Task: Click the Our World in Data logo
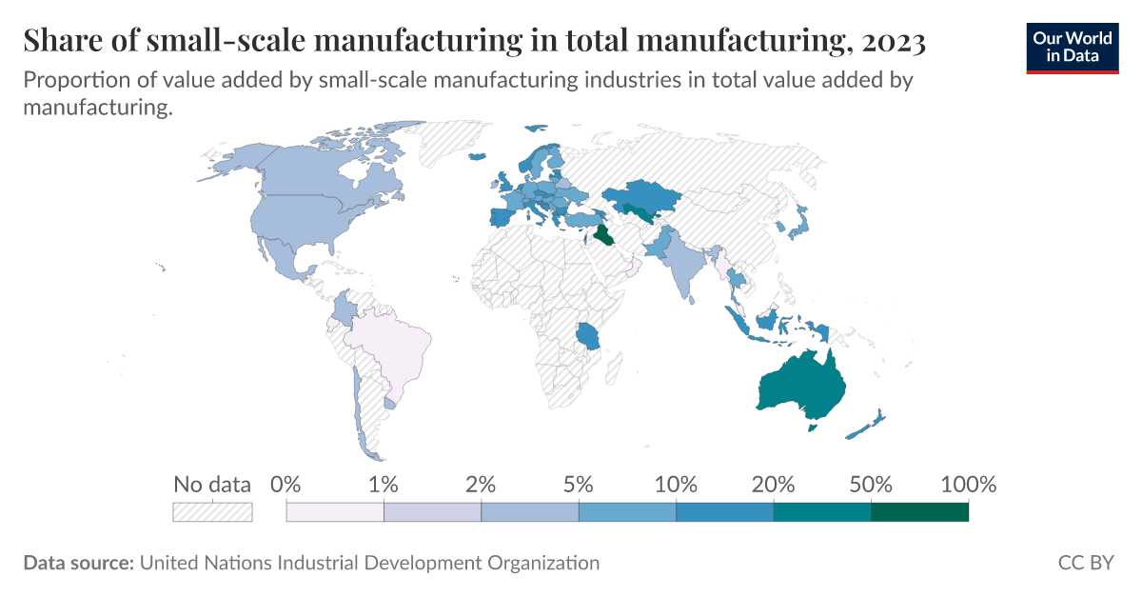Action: [x=1072, y=47]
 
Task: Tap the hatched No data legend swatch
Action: [x=211, y=512]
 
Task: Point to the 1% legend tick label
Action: [x=384, y=484]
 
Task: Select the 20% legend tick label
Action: [x=773, y=484]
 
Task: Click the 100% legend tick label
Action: [x=967, y=484]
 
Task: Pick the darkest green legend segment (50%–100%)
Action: [x=919, y=512]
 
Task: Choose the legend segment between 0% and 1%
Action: [x=335, y=512]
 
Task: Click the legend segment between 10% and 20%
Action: [x=724, y=512]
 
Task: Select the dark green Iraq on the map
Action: [x=602, y=235]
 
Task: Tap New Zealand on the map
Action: [x=866, y=425]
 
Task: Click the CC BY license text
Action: [x=1085, y=563]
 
